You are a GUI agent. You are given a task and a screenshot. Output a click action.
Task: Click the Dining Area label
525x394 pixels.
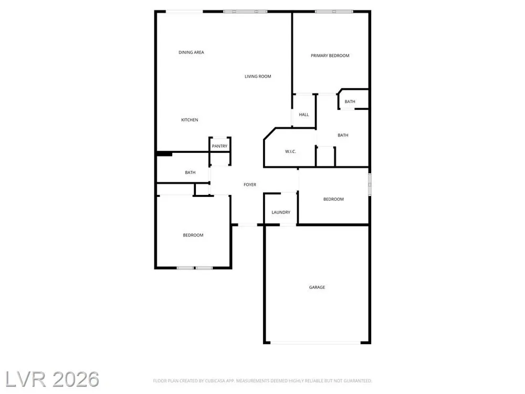coord(191,52)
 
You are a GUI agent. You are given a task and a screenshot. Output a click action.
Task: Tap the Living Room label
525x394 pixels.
coord(258,76)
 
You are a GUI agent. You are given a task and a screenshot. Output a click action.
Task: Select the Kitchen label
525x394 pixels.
coord(190,120)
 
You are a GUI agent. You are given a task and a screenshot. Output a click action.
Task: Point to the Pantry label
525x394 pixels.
coord(219,146)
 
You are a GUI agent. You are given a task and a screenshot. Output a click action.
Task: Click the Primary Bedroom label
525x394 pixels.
coord(330,56)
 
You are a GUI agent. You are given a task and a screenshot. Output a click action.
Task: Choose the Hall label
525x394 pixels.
coord(304,115)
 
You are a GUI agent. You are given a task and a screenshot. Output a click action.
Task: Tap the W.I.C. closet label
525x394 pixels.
coord(290,151)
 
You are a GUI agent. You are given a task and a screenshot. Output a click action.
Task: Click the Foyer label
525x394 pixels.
coord(250,184)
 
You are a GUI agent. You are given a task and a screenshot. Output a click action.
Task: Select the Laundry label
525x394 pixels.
coord(281,212)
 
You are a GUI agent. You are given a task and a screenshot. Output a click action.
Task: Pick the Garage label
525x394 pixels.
coord(317,287)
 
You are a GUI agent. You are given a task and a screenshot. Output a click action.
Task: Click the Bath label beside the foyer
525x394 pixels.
coord(190,172)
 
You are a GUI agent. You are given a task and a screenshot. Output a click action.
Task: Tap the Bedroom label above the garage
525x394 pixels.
coord(333,199)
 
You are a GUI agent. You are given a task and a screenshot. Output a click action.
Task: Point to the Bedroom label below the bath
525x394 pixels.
coord(193,235)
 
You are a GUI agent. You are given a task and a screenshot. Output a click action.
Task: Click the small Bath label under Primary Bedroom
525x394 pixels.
coord(350,101)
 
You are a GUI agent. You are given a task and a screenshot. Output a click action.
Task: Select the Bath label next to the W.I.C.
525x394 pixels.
coord(343,136)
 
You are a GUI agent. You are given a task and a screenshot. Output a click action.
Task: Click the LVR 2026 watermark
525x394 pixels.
coord(52,379)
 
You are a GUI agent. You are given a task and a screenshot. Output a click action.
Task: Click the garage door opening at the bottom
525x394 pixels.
coord(316,343)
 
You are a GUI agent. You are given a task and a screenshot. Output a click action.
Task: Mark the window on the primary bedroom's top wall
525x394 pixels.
coord(334,12)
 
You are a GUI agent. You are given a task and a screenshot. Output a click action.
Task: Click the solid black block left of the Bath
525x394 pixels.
coord(164,154)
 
